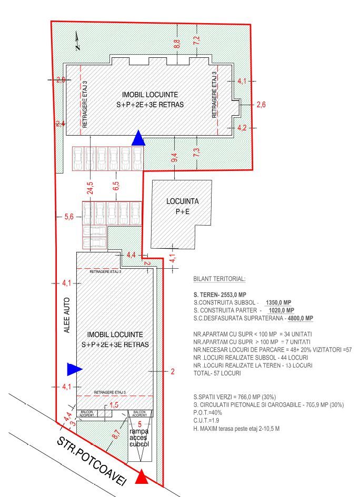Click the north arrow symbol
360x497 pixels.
pyautogui.click(x=77, y=40)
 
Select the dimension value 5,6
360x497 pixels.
pyautogui.click(x=68, y=216)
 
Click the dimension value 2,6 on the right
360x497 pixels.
pyautogui.click(x=261, y=105)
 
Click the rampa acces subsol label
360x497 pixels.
pyautogui.click(x=139, y=438)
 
